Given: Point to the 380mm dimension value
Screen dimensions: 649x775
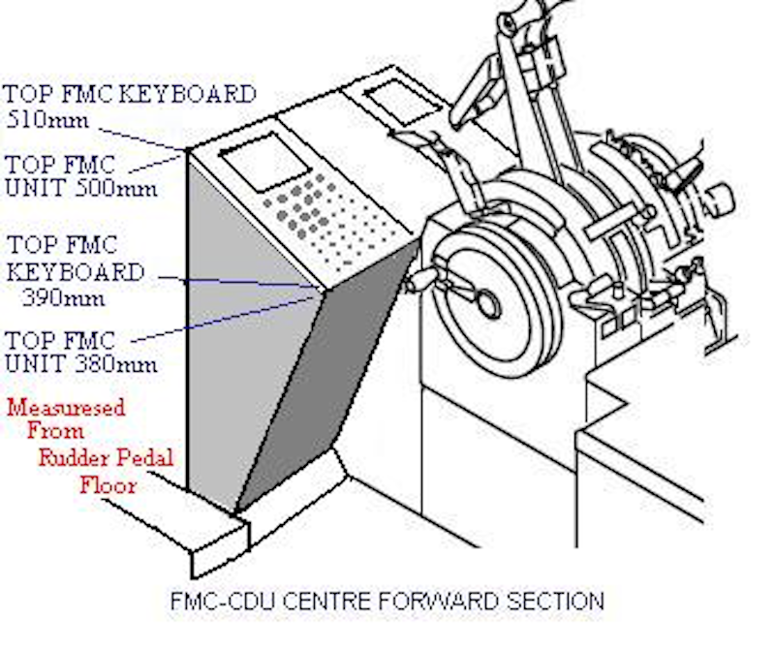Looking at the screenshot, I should coord(115,364).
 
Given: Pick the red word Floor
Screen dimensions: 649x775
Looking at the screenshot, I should coord(108,483).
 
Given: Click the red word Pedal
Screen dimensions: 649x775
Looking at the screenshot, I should coord(139,457).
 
